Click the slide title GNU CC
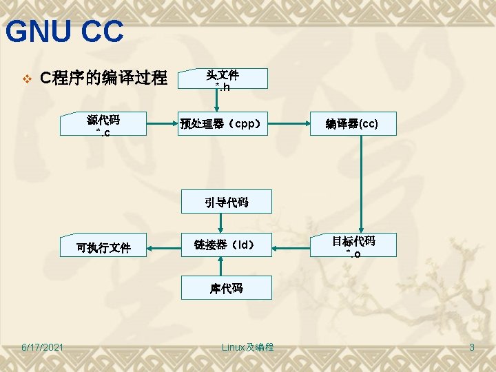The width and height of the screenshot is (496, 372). (64, 32)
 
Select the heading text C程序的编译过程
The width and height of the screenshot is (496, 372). (103, 79)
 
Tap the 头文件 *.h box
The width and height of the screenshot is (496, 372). (222, 79)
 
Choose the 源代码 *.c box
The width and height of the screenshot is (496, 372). (103, 125)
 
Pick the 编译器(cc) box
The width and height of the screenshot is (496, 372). (353, 125)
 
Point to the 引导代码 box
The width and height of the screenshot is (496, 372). (226, 202)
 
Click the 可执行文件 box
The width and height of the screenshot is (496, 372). (103, 247)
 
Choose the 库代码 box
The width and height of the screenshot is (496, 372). (226, 288)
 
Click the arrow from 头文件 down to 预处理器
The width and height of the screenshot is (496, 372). (217, 100)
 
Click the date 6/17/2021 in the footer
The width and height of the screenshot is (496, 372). (42, 347)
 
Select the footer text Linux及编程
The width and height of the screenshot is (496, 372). (247, 347)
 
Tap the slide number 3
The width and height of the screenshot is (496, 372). (471, 347)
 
